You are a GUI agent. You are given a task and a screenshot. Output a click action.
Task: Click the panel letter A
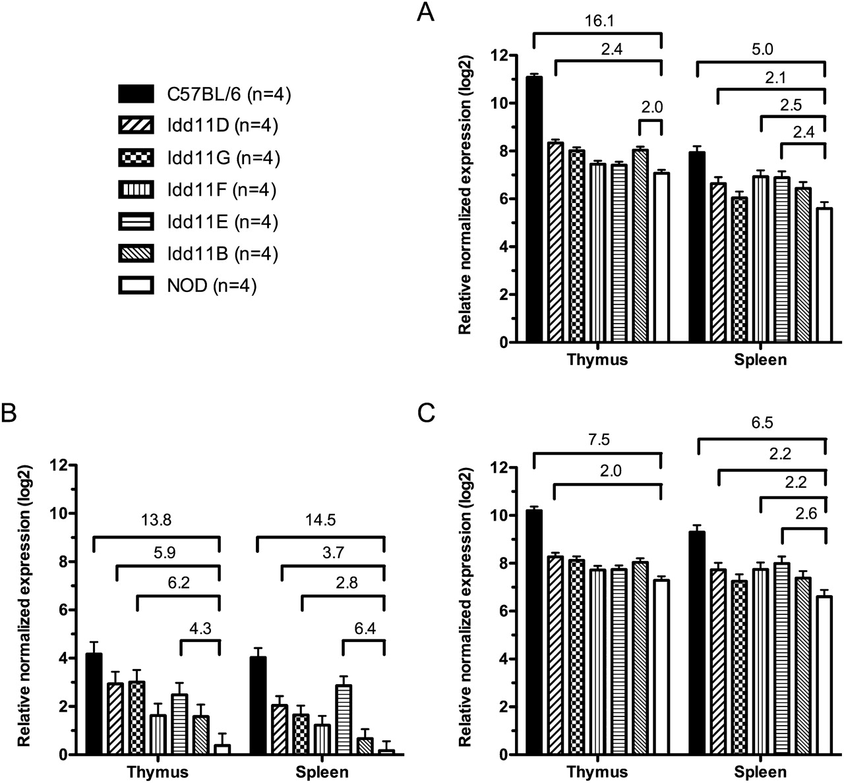(x=426, y=13)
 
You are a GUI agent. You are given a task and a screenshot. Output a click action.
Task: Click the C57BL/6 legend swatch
(x=136, y=94)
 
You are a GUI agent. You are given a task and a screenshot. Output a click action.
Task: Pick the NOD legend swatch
(x=136, y=285)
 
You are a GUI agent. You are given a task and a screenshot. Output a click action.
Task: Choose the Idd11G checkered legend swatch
(x=136, y=158)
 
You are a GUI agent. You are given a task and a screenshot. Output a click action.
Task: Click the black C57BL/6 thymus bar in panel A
(x=533, y=210)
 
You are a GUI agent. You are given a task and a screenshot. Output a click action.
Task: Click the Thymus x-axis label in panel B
(x=158, y=772)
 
